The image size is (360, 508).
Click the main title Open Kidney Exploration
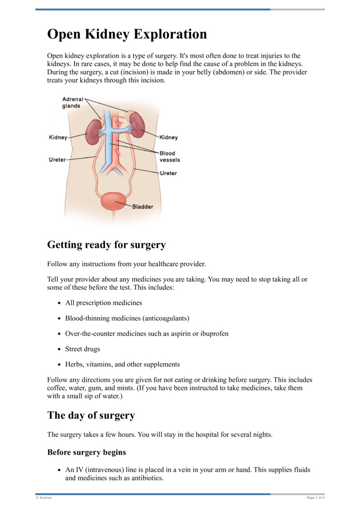[127, 34]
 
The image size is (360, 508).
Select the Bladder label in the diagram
[142, 207]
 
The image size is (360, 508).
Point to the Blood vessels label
[170, 156]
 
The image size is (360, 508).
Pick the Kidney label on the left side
[58, 138]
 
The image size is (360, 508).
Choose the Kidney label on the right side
[168, 138]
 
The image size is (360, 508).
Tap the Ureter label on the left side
[57, 160]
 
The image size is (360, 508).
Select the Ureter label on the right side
[168, 173]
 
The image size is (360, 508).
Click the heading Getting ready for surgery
[106, 245]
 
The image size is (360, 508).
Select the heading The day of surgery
[91, 415]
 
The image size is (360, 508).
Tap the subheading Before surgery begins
[86, 452]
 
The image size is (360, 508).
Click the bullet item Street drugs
[83, 349]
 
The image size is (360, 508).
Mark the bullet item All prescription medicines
[103, 303]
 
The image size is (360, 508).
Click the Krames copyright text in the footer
[44, 498]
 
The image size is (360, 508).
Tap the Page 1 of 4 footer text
[315, 498]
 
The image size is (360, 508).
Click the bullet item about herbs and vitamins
[122, 364]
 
